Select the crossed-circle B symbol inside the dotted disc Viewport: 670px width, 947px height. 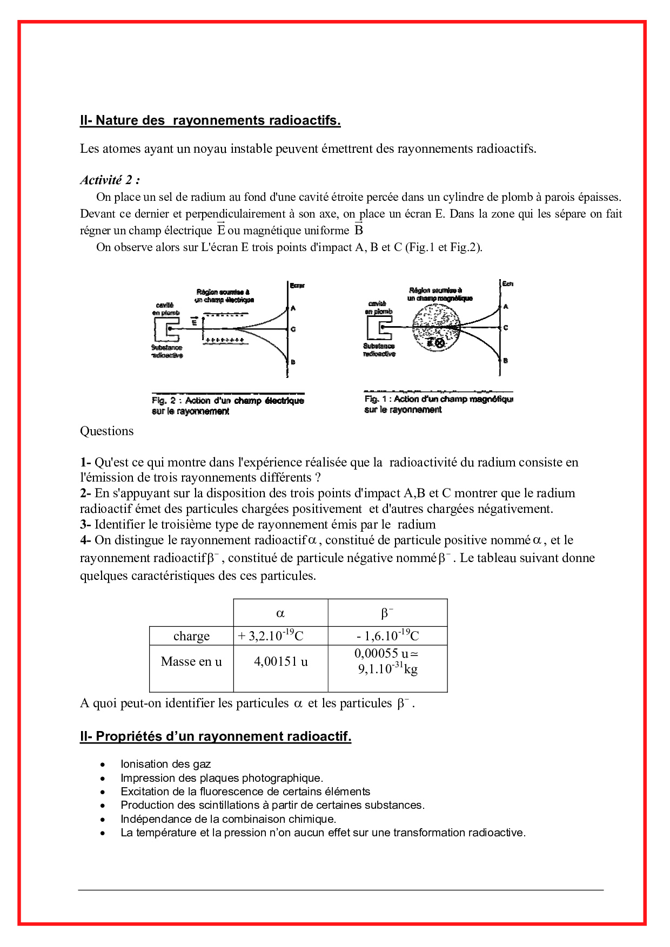click(440, 343)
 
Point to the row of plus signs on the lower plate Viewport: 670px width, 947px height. click(225, 340)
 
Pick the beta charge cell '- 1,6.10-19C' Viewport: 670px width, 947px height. click(388, 635)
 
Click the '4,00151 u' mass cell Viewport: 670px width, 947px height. click(281, 661)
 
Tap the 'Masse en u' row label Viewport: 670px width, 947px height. click(191, 661)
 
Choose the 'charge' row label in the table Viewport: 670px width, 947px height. click(191, 636)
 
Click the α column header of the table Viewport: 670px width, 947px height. click(280, 613)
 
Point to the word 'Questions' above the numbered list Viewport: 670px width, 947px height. click(107, 431)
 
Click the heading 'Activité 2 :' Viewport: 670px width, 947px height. click(110, 180)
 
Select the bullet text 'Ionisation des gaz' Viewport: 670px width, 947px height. click(165, 764)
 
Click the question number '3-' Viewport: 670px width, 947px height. click(85, 524)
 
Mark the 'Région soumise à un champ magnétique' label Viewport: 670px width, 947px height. click(440, 294)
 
